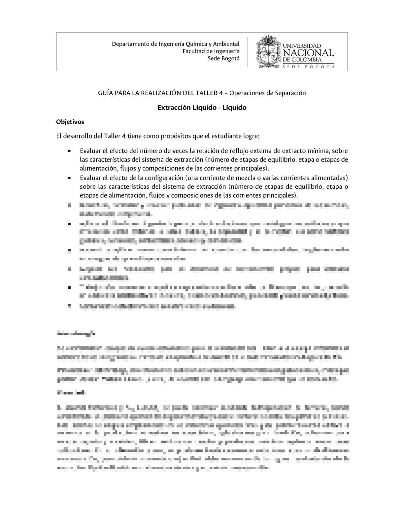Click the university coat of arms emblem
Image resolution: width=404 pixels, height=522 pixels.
268,52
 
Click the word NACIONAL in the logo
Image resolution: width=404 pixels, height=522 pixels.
308,53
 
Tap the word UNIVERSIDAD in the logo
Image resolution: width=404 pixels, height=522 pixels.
302,46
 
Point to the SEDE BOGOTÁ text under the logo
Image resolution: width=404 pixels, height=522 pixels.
308,67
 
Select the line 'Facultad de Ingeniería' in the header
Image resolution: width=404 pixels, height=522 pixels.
211,51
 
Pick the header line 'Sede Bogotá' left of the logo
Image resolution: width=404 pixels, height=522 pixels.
223,58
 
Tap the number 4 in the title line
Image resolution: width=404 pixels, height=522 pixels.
220,93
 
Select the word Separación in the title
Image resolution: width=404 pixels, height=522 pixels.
290,93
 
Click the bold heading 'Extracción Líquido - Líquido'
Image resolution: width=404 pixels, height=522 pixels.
202,107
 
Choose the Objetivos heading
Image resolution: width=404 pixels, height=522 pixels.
70,122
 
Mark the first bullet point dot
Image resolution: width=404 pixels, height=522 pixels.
69,151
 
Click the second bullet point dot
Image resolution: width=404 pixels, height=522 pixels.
69,178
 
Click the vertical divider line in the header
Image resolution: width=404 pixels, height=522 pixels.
247,52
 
